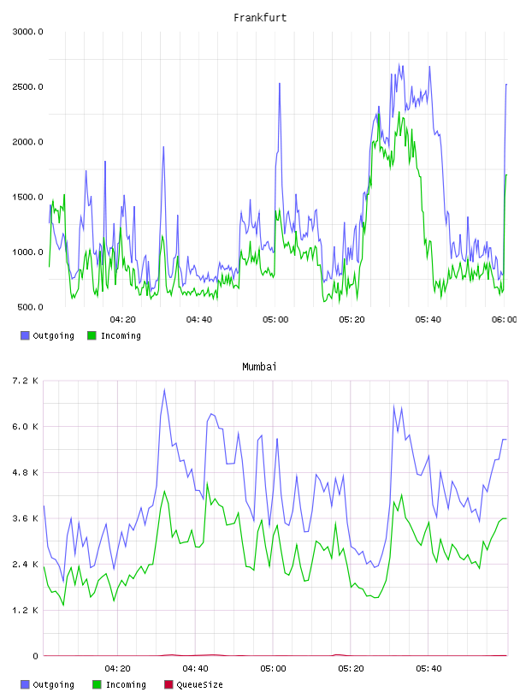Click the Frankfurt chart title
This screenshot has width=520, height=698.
coord(260,18)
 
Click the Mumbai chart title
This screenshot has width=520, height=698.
coord(259,367)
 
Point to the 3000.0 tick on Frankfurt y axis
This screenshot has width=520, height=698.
coord(27,32)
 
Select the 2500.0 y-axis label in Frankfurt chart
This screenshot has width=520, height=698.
coord(27,86)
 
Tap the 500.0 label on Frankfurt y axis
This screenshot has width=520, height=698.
coord(30,307)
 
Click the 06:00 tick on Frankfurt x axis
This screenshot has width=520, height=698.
coord(505,320)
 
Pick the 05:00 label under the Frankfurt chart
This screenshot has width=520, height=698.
coord(275,320)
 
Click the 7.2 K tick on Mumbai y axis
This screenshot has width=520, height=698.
coord(25,381)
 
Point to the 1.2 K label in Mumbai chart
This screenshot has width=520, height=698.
coord(25,610)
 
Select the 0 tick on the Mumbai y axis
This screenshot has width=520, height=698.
coord(36,656)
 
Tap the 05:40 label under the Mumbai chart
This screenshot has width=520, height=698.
coord(428,669)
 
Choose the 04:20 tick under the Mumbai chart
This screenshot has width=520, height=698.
coord(117,669)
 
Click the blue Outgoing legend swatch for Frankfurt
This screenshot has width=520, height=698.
coord(25,335)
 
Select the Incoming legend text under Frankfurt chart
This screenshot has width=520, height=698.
coord(121,335)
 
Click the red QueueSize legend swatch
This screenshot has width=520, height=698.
coord(168,684)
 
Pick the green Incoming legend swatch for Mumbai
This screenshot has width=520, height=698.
coord(97,684)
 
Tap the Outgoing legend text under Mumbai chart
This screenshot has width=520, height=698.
coord(53,684)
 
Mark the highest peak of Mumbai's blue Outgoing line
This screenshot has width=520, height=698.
coord(165,390)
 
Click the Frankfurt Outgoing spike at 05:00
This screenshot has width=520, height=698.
coord(280,83)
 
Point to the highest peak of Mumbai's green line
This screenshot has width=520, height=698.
coord(207,483)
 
